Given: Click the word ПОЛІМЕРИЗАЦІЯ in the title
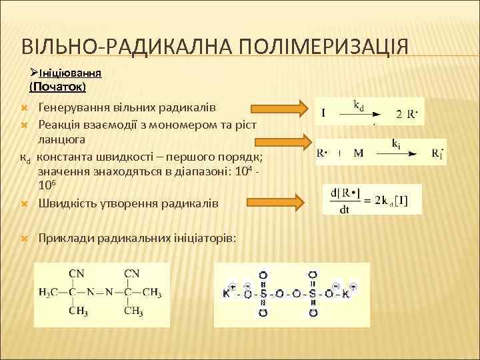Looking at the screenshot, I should tap(318, 47).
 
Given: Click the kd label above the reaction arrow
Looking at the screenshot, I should tap(359, 105).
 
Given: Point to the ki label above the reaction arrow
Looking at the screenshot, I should tap(396, 143).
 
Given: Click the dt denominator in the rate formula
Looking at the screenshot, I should tap(345, 209).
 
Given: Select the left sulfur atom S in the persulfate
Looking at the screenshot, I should tap(263, 293).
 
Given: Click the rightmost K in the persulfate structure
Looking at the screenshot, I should tap(346, 293).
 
